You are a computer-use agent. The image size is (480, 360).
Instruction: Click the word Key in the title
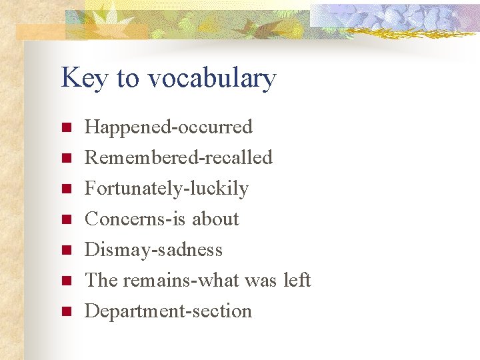pos(84,78)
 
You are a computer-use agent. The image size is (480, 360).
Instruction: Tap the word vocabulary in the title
pos(211,78)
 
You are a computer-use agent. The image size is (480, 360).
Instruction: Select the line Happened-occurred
pos(169,127)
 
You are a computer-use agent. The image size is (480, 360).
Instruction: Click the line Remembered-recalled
pos(179,157)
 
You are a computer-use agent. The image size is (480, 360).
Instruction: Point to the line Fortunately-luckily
pos(167,189)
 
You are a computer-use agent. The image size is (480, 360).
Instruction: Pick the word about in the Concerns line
pos(215,219)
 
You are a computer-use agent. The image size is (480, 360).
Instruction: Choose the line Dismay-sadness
pos(154,250)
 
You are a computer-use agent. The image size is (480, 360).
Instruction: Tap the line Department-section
pos(169,311)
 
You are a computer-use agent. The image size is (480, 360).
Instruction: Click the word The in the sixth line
pos(101,280)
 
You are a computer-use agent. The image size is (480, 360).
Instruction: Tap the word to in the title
pos(127,78)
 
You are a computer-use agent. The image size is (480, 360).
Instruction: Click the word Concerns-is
pos(136,219)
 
